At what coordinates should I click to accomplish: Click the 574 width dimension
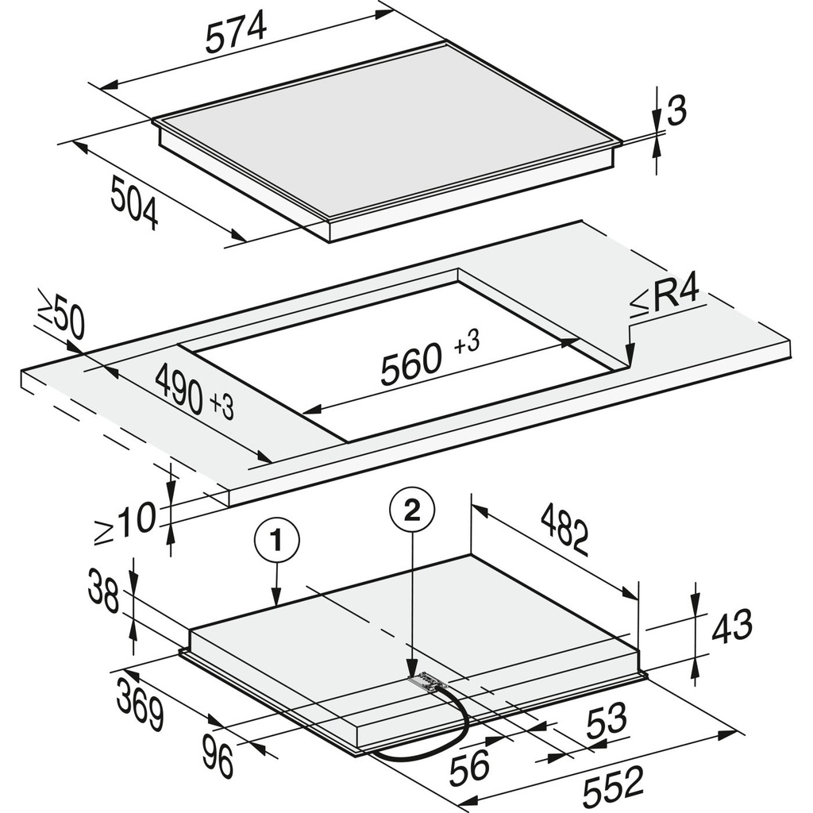[235, 34]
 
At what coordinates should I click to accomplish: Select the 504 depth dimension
[134, 203]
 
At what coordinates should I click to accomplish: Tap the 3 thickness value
[676, 112]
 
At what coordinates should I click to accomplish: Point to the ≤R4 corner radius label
[665, 298]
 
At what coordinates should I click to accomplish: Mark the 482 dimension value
[565, 529]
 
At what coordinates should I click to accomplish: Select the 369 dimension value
[141, 706]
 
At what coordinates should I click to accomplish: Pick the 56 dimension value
[468, 768]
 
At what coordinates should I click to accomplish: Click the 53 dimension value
[606, 720]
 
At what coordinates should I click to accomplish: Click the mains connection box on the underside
[428, 681]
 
